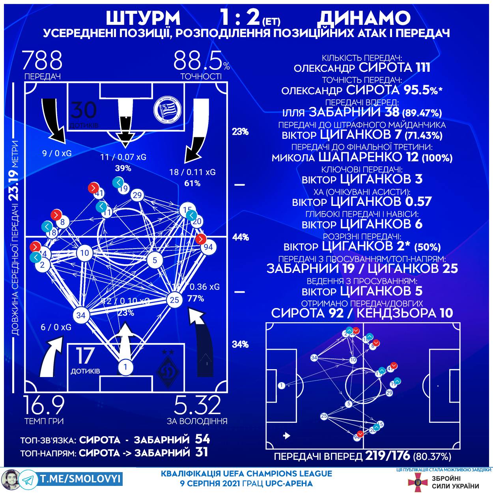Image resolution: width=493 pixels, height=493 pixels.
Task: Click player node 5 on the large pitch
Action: point(155,260)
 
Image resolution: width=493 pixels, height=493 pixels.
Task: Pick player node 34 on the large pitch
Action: point(81,315)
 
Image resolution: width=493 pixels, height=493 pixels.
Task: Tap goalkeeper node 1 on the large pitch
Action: point(125,366)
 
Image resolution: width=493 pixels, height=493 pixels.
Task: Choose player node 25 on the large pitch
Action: point(174,300)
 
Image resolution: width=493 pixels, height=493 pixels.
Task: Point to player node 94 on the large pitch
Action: point(209,247)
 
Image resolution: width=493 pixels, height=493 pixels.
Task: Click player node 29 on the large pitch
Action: point(137,195)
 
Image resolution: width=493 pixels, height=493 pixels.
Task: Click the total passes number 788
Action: point(42,61)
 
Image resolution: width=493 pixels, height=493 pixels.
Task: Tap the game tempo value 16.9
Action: point(44,405)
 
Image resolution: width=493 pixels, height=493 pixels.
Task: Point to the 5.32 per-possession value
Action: point(197,405)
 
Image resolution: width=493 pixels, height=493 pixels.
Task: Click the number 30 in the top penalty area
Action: point(83,110)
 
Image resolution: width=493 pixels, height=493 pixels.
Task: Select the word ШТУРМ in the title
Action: point(143,18)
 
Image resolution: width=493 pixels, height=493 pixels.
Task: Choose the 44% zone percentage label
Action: point(240,237)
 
